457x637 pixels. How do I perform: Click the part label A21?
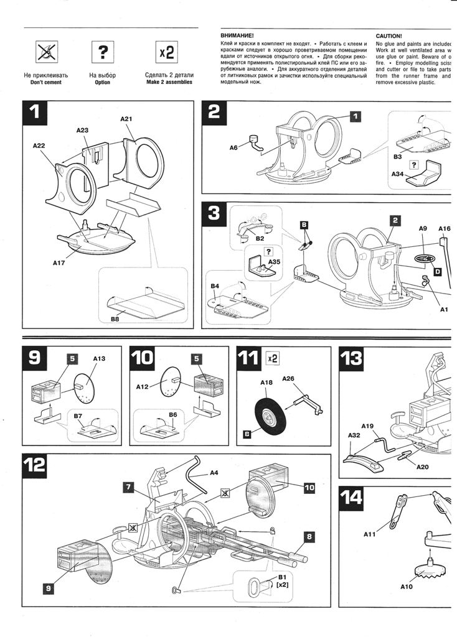pos(127,118)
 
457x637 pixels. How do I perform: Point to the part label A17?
pos(60,263)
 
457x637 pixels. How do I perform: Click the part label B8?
pos(115,319)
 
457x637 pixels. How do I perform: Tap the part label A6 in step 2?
pos(233,147)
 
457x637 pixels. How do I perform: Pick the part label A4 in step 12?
pos(214,473)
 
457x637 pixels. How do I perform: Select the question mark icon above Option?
pos(103,53)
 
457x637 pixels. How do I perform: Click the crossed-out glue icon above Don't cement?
pos(45,53)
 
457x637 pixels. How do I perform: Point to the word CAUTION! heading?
pos(389,36)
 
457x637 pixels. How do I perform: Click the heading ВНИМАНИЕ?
pos(237,36)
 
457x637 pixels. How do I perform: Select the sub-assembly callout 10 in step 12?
pos(309,488)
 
